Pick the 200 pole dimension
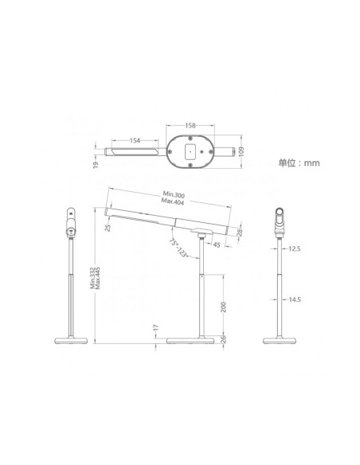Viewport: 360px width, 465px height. [225, 307]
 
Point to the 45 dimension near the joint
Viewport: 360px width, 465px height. [217, 244]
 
